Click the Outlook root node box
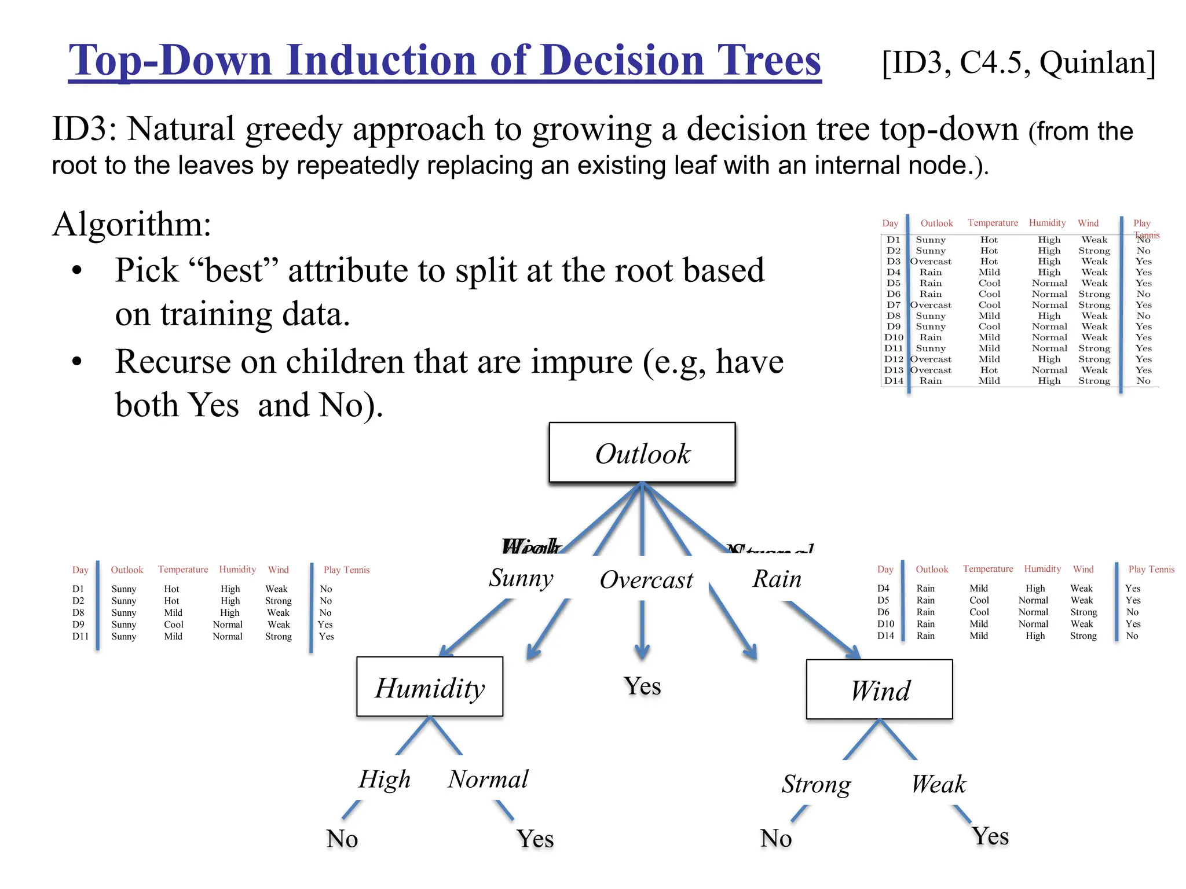click(642, 453)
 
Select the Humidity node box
click(430, 687)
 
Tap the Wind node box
click(879, 690)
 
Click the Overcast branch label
click(646, 579)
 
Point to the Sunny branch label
click(521, 578)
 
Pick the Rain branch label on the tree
click(777, 579)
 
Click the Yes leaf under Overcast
click(642, 686)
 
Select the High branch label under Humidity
click(384, 779)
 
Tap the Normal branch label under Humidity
click(488, 779)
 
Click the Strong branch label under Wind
click(816, 784)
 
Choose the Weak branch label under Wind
click(938, 784)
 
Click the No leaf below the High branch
click(342, 839)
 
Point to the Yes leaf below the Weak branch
click(990, 836)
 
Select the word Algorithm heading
click(131, 224)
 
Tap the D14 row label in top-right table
click(893, 381)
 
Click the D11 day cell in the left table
click(80, 636)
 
